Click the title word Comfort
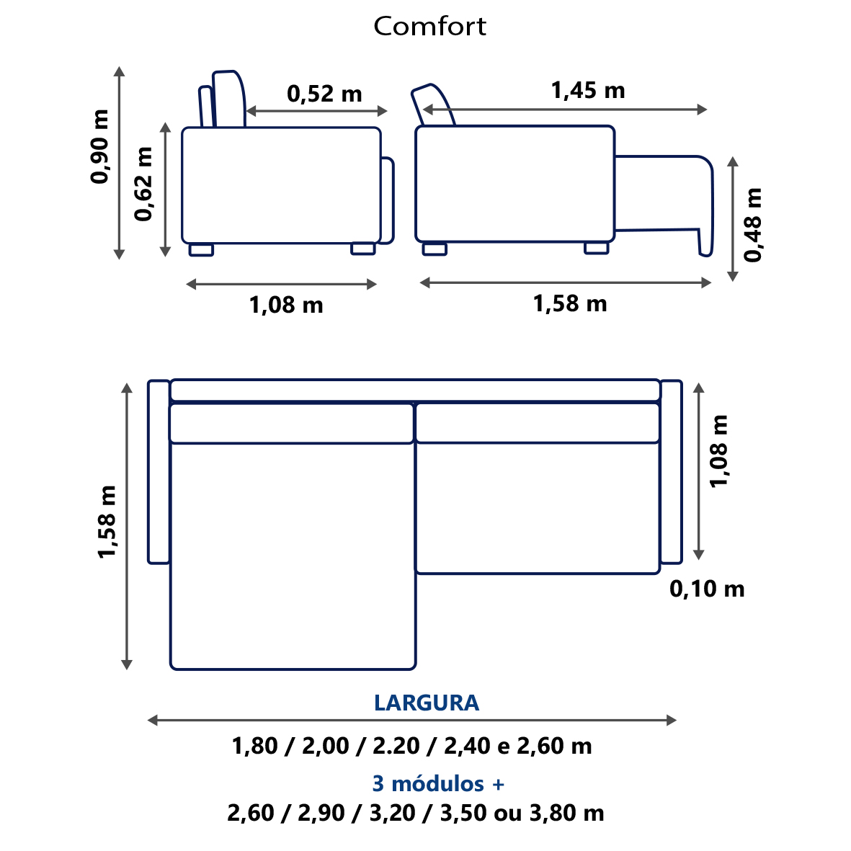(x=429, y=26)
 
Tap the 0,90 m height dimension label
(x=100, y=146)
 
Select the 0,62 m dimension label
(x=144, y=184)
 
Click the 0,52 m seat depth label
(x=324, y=94)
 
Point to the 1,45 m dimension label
(x=588, y=91)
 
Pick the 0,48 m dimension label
(x=753, y=225)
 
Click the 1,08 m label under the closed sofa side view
(x=286, y=305)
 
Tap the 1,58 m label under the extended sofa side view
(x=570, y=303)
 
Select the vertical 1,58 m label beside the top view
(x=107, y=522)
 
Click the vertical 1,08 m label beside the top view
(x=719, y=451)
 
